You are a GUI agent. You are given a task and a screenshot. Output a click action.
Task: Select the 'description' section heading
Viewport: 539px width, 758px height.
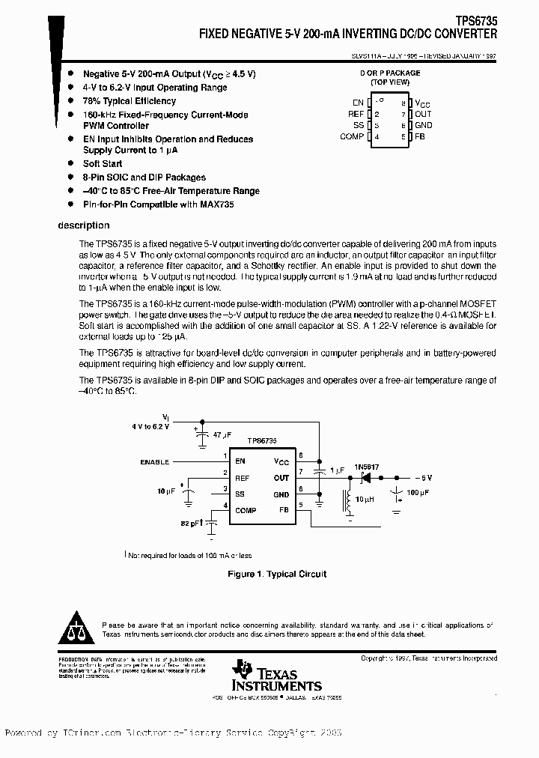tap(84, 225)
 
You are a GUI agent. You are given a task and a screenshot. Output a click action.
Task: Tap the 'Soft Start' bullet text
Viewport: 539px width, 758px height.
tap(103, 163)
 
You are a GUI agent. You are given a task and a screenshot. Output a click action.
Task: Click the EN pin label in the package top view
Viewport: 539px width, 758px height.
tap(358, 103)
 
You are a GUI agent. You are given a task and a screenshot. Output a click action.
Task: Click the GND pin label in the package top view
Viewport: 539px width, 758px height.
tap(423, 126)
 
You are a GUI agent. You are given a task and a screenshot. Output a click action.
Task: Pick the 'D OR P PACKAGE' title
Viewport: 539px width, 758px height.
tap(390, 73)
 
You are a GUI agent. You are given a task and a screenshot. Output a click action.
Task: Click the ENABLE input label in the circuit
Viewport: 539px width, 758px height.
tap(154, 462)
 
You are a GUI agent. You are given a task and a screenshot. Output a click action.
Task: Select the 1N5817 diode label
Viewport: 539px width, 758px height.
tap(368, 467)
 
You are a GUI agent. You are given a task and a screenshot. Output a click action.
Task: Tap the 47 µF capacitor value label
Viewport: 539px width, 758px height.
tap(222, 434)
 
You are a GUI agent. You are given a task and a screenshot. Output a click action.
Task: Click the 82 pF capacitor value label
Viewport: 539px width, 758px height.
tap(191, 524)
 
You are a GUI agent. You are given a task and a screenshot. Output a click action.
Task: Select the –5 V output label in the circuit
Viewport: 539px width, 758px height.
tap(423, 477)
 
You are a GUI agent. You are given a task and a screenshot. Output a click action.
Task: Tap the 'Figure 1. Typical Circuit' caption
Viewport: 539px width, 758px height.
tap(277, 574)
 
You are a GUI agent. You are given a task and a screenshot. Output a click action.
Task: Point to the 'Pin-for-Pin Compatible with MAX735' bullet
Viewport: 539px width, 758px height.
tap(158, 204)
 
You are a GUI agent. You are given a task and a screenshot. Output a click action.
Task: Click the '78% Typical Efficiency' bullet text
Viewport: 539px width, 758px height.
tap(130, 101)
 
